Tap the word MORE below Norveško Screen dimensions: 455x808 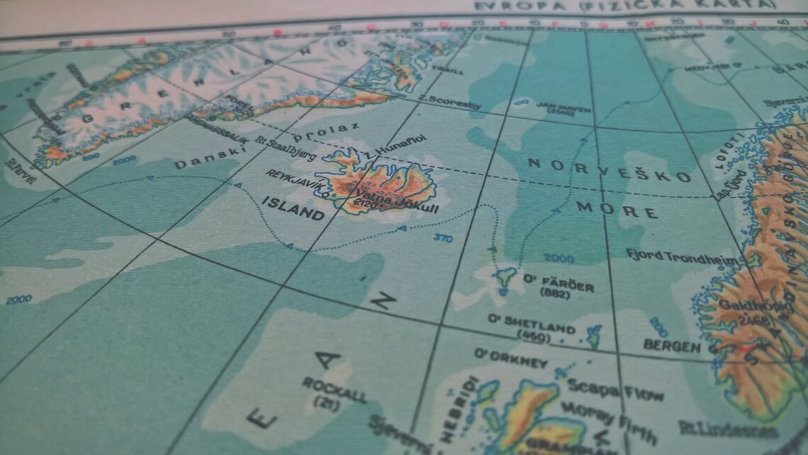[x=617, y=210]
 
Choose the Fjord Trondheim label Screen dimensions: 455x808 [x=683, y=257]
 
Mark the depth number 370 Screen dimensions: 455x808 [x=442, y=238]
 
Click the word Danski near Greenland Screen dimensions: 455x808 [x=200, y=160]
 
